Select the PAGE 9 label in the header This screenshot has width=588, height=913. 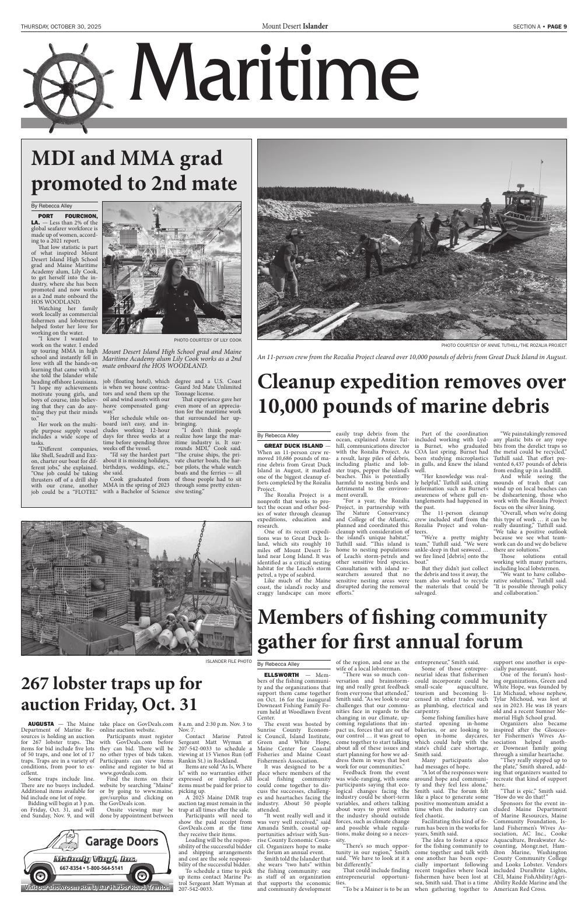click(556, 26)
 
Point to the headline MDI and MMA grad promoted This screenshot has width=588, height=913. click(134, 170)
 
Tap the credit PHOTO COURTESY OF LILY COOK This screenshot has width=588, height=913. click(207, 339)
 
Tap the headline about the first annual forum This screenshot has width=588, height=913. click(402, 630)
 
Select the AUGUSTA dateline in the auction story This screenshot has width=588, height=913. click(41, 724)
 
